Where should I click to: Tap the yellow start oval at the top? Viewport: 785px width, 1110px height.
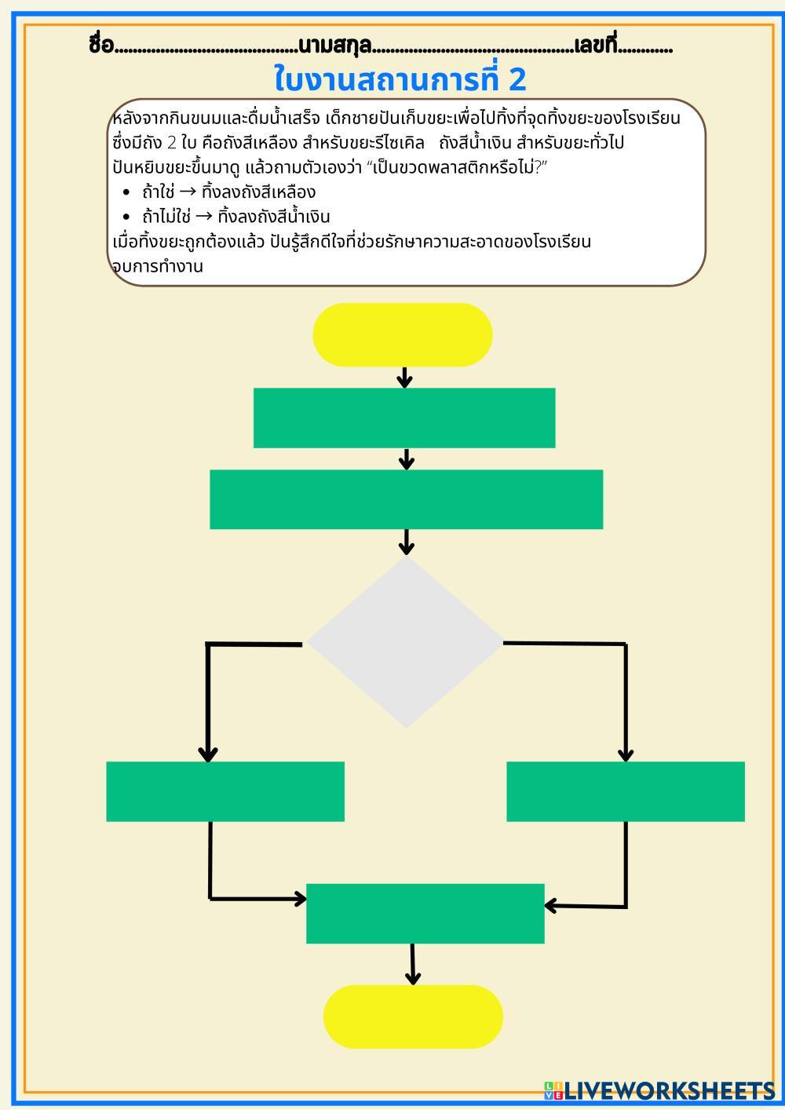403,334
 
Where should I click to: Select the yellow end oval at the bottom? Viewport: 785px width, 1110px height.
413,1017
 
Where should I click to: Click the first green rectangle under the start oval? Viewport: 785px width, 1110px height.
404,418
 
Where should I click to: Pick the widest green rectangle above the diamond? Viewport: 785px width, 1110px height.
406,499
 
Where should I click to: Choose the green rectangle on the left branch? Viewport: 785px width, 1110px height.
225,791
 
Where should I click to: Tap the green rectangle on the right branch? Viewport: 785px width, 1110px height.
626,791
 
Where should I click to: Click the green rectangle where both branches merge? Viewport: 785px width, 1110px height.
425,913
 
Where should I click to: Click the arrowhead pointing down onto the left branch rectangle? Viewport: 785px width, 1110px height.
208,754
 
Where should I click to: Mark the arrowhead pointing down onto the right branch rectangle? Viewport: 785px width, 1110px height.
626,754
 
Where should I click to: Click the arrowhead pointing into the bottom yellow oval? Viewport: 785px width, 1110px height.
413,977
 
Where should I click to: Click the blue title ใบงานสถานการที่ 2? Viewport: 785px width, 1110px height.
400,79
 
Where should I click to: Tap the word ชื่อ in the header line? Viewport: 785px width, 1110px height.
101,46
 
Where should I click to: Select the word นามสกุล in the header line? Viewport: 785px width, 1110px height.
334,46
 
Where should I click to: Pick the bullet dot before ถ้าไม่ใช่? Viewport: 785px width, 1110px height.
126,217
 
